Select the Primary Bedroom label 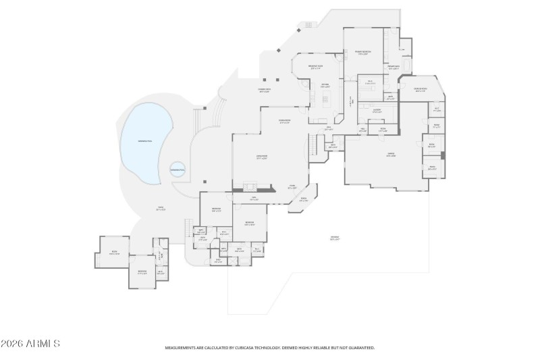tap(362, 53)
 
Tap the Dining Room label tap(284, 122)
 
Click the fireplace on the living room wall tap(250, 187)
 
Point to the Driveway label tap(335, 237)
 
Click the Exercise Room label tap(419, 89)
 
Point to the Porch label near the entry tap(304, 199)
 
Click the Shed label tap(113, 253)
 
